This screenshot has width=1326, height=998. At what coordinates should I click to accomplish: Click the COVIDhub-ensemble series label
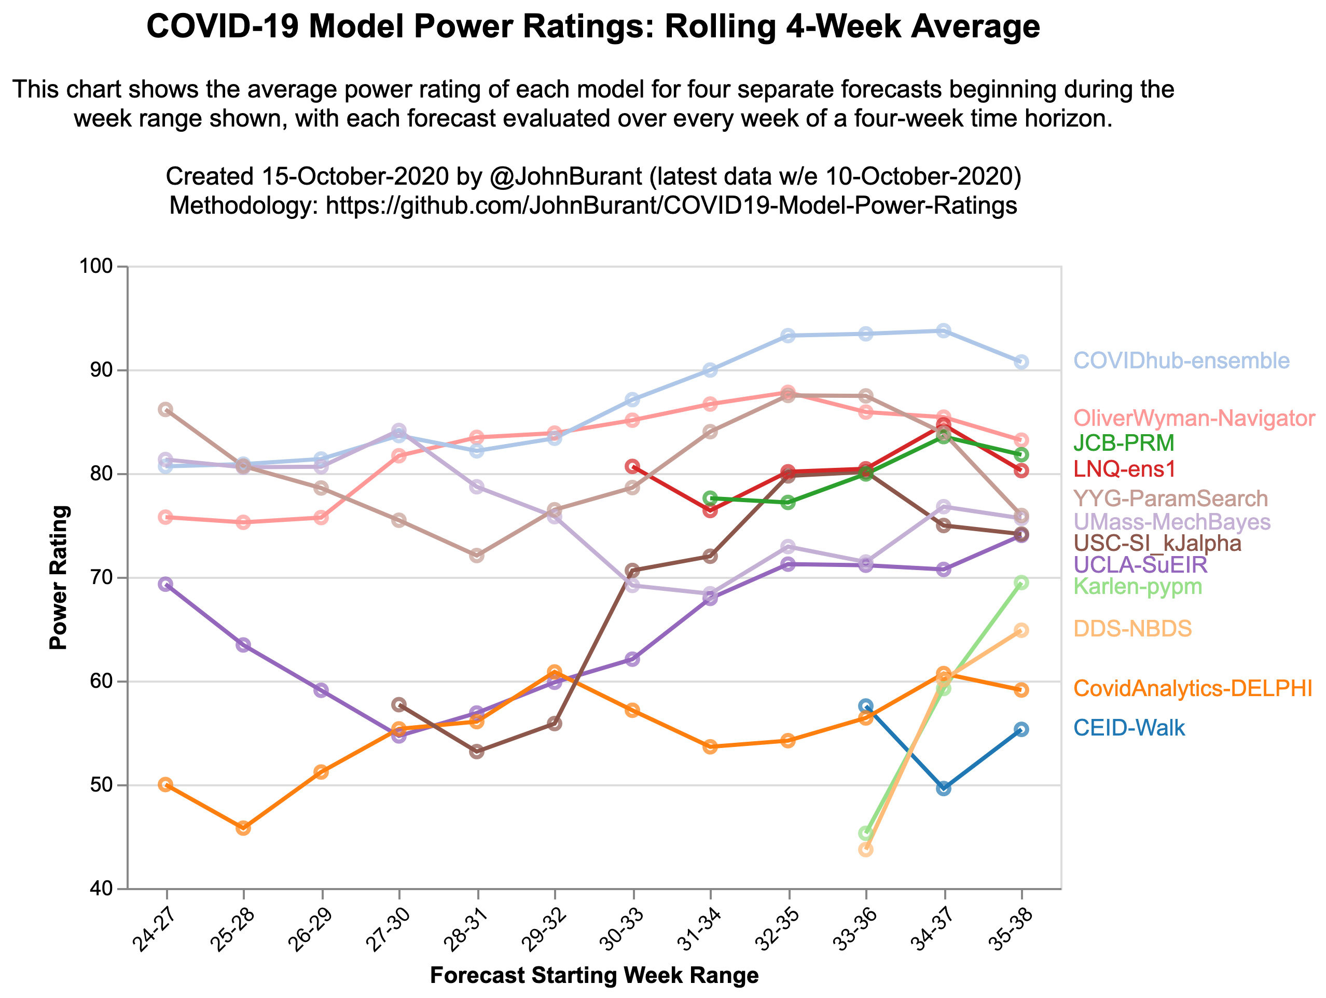pyautogui.click(x=1181, y=361)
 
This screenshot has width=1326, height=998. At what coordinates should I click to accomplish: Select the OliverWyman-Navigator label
pyautogui.click(x=1194, y=419)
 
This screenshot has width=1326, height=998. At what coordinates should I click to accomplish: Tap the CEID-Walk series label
pyautogui.click(x=1129, y=728)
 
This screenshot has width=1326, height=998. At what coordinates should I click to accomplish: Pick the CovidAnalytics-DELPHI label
pyautogui.click(x=1192, y=689)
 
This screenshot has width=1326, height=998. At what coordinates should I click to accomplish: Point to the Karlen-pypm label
pyautogui.click(x=1137, y=586)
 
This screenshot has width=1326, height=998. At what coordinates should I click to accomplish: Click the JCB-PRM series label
pyautogui.click(x=1123, y=443)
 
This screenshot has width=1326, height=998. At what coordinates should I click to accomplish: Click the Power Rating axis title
pyautogui.click(x=59, y=577)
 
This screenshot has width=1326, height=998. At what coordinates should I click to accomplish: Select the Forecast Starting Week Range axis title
pyautogui.click(x=594, y=976)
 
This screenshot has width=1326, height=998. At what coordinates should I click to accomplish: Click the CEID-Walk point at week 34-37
pyautogui.click(x=944, y=788)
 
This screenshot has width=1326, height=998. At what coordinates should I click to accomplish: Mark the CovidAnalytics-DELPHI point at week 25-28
pyautogui.click(x=243, y=828)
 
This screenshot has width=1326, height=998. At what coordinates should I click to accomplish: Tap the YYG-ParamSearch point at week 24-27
pyautogui.click(x=165, y=409)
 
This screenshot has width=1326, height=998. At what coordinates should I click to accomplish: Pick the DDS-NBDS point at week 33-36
pyautogui.click(x=866, y=849)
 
